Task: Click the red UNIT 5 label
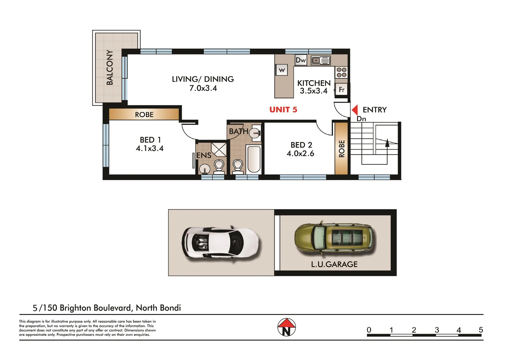tap(283, 110)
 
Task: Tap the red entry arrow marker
tap(355, 110)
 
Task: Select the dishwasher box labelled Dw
tap(301, 60)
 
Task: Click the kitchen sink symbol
tap(320, 60)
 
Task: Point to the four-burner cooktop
tap(341, 72)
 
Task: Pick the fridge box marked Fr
tap(341, 90)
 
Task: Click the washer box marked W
tap(282, 70)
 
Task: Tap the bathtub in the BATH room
tap(254, 159)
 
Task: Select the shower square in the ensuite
tap(219, 149)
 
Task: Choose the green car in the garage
tap(334, 237)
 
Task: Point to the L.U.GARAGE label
tap(334, 264)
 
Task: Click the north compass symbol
tap(287, 327)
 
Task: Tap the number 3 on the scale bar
tap(437, 330)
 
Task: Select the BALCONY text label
tap(110, 67)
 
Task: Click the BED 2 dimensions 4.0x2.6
tap(300, 153)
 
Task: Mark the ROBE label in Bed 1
tap(144, 115)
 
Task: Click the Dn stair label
tap(361, 119)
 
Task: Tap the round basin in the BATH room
tap(255, 132)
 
